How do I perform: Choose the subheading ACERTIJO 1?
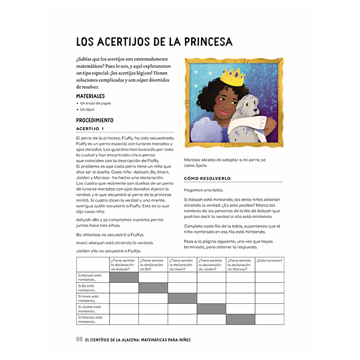90,129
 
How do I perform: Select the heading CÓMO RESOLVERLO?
208,178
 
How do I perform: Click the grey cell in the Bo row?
153,287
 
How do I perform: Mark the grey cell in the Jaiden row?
211,309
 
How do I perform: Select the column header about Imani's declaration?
182,264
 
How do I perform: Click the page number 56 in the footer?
79,339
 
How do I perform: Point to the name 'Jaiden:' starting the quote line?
82,250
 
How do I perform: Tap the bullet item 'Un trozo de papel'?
96,103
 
